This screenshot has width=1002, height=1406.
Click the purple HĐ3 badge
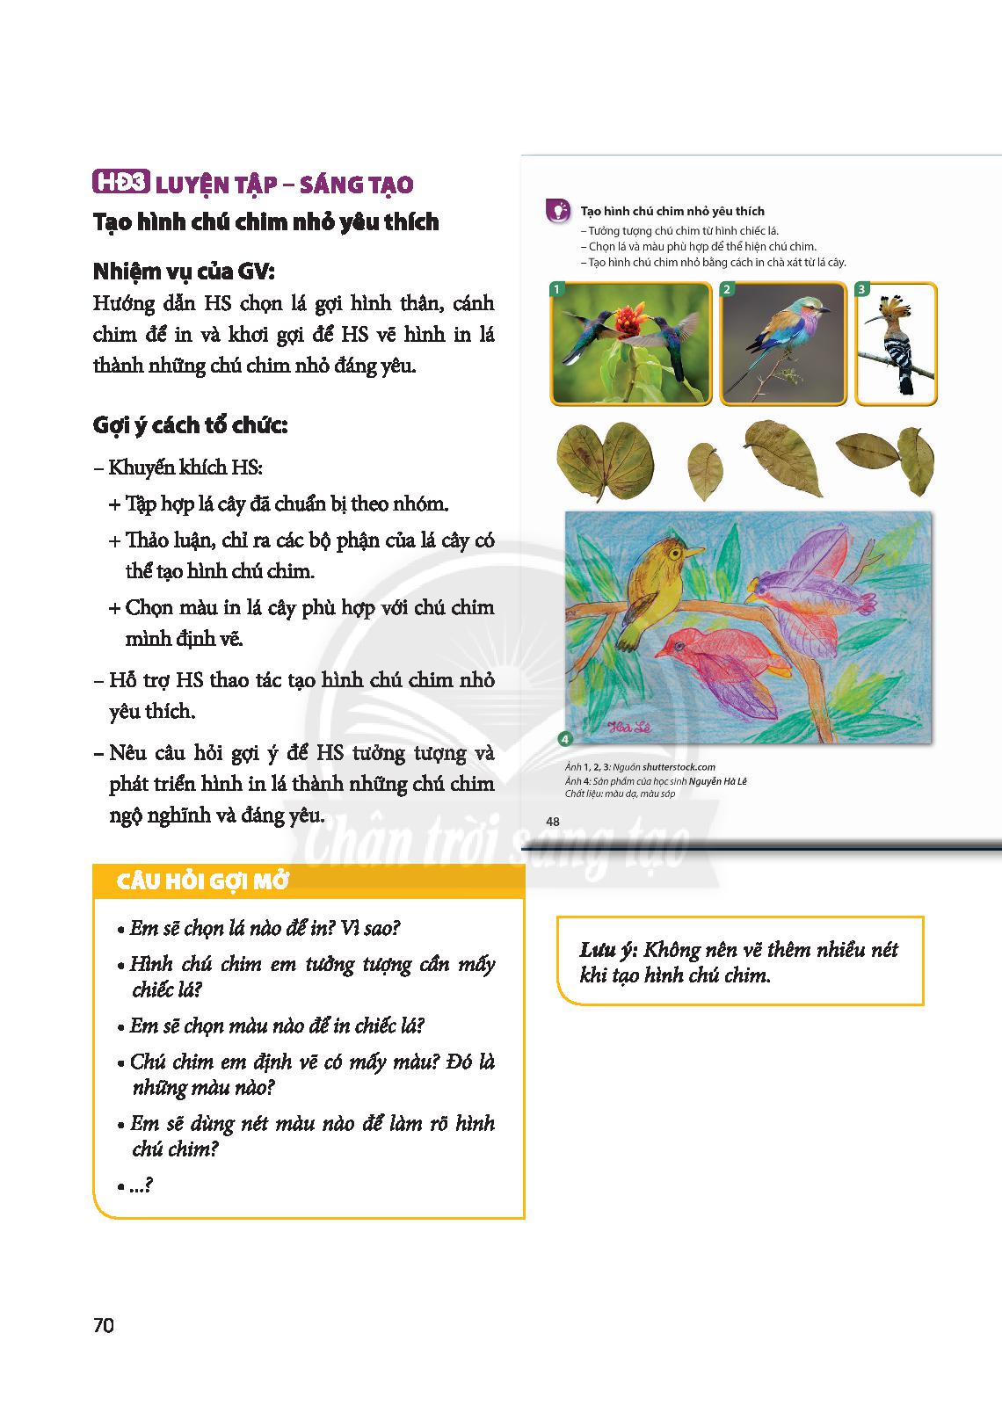pos(121,185)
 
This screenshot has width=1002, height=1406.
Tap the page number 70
pos(103,1325)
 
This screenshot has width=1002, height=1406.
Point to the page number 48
pos(553,822)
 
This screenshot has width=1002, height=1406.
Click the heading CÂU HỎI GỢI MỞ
pos(203,881)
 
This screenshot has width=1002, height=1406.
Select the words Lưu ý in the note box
pos(607,950)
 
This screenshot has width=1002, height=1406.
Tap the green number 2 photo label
pos(727,289)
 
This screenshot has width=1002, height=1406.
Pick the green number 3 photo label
pos(861,289)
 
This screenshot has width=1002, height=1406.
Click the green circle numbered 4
pos(564,739)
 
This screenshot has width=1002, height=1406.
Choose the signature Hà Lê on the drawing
pos(628,725)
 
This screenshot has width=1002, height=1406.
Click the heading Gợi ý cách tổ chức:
pos(191,426)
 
